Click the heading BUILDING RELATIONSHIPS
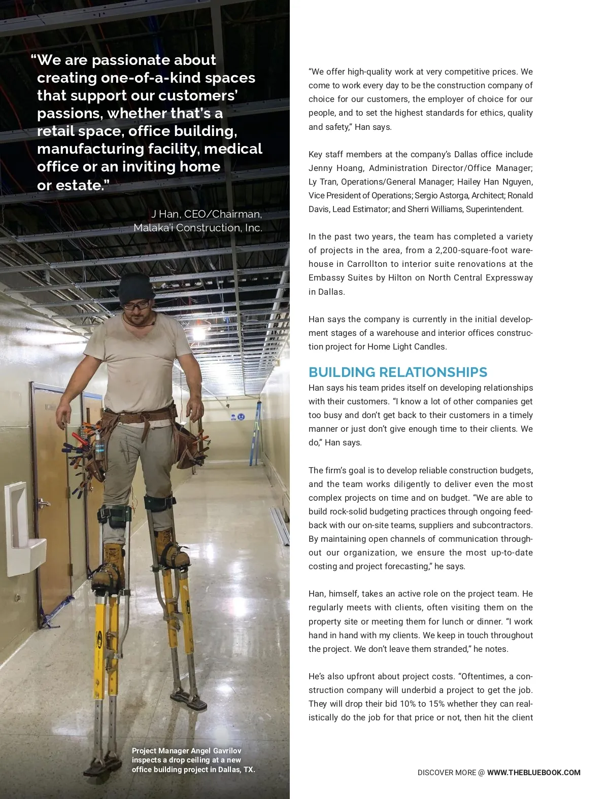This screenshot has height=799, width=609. click(x=397, y=372)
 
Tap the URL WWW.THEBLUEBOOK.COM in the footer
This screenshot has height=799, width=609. click(x=533, y=773)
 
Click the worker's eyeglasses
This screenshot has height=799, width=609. click(x=137, y=305)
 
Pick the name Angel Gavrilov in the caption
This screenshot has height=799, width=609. click(x=216, y=751)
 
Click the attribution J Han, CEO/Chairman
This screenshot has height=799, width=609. click(x=207, y=214)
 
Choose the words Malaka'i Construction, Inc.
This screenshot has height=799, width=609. click(x=198, y=228)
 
